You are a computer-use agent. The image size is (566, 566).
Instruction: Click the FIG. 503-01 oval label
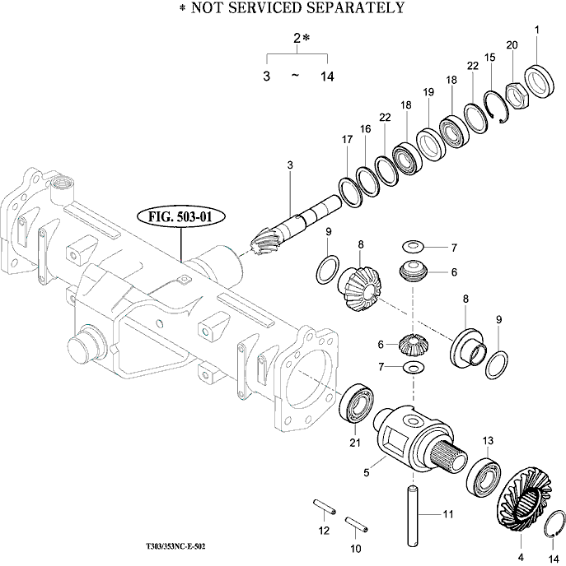[x=180, y=219]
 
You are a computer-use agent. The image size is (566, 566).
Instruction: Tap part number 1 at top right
[x=537, y=30]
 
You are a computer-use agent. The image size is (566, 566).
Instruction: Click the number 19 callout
[x=428, y=92]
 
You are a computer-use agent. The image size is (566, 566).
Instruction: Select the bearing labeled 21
[x=356, y=405]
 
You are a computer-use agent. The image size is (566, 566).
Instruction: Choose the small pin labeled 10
[x=355, y=522]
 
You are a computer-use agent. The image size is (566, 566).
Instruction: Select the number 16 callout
[x=364, y=129]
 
